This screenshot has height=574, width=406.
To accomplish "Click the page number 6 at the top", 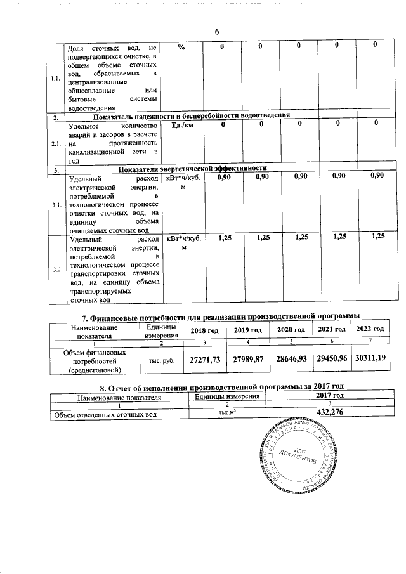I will (216, 33).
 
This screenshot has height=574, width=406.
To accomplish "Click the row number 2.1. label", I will (56, 143).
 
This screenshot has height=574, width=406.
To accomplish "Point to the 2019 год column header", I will (247, 330).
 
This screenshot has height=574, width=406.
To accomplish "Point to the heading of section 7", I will (216, 316).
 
